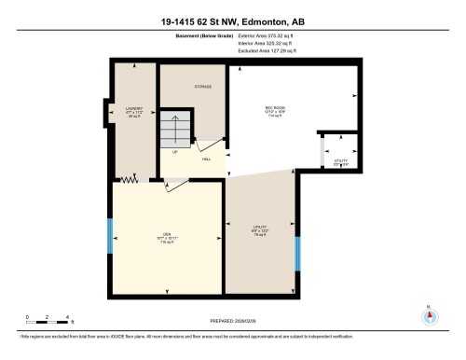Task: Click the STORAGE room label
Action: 202,87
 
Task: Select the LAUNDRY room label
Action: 132,111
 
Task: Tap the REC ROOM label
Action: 274,110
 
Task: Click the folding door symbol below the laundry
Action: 131,179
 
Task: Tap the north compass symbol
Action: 429,314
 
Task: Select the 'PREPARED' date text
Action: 232,320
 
